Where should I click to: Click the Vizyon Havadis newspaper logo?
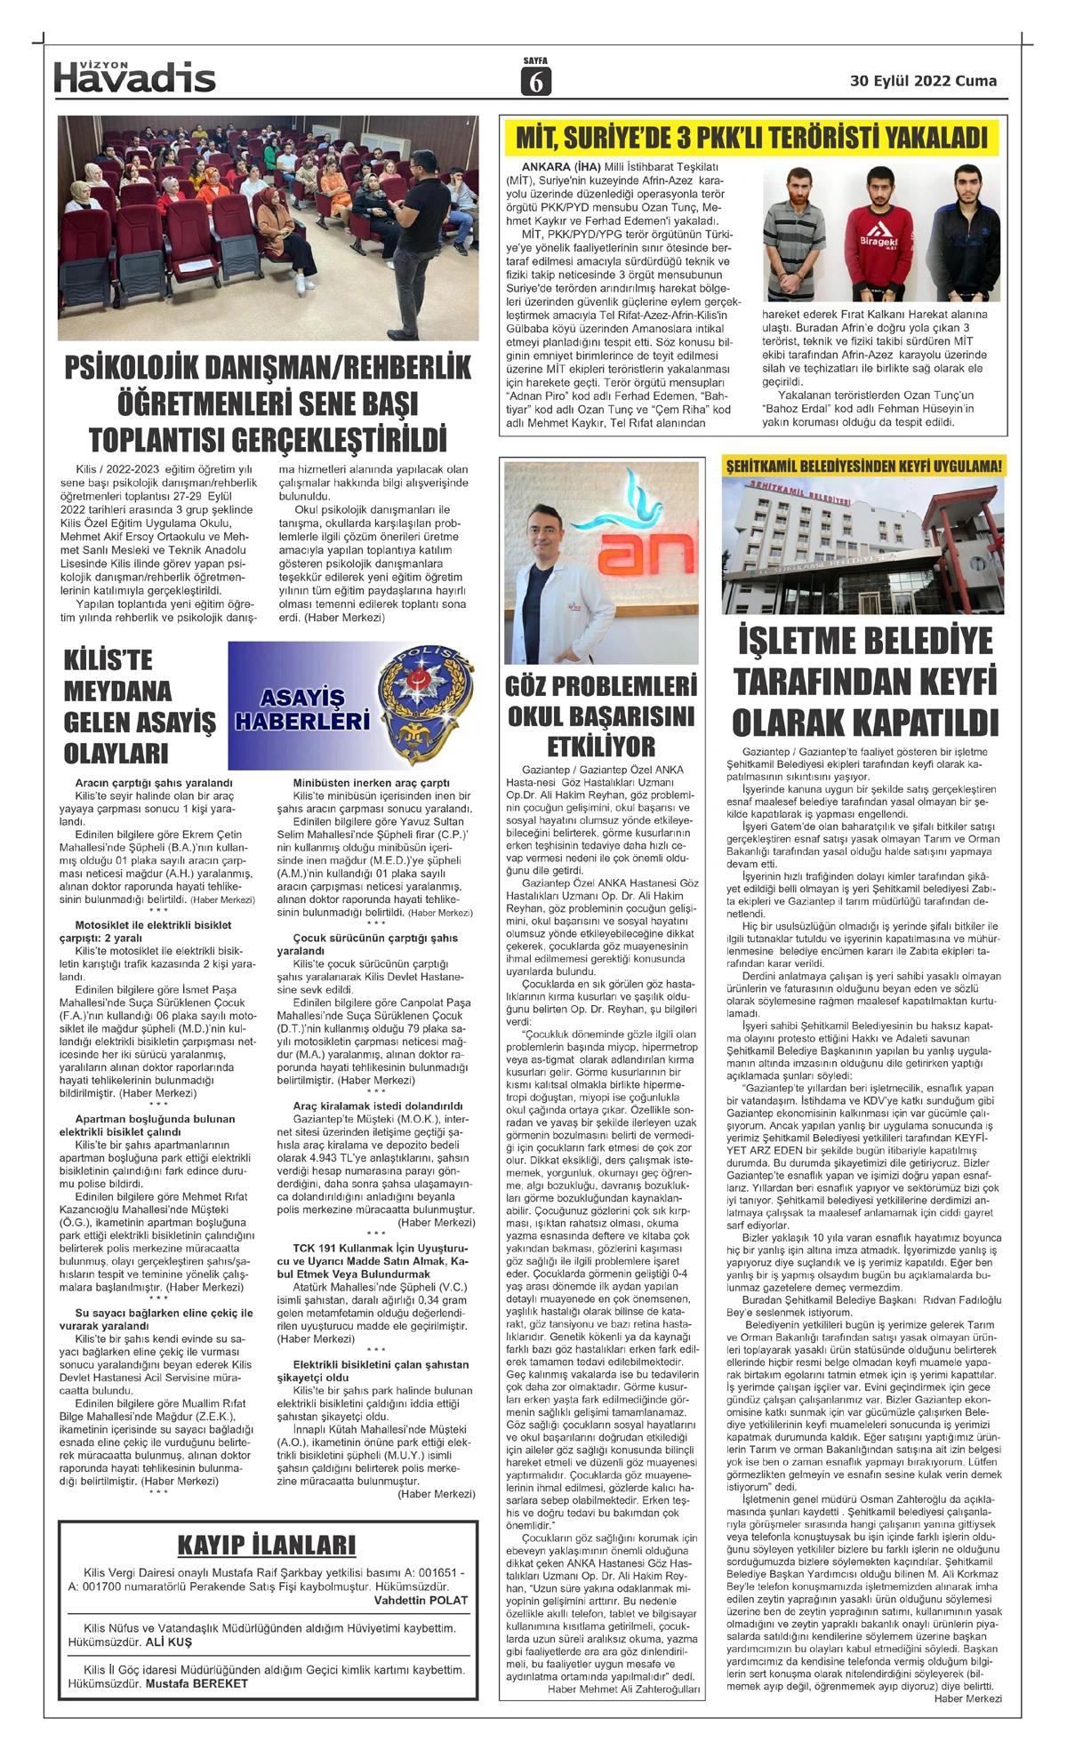(x=134, y=77)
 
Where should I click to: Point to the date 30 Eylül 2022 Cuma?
(x=923, y=81)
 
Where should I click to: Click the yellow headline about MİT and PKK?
(x=752, y=139)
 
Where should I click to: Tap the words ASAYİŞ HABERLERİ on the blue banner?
(x=302, y=708)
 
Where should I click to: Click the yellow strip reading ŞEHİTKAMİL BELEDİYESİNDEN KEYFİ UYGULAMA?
(x=863, y=465)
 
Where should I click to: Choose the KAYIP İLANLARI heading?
(x=266, y=1545)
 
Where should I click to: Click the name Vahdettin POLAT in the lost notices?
(x=421, y=1600)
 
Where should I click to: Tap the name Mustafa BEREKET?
(x=197, y=1682)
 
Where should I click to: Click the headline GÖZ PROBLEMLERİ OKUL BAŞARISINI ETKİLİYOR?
(x=600, y=715)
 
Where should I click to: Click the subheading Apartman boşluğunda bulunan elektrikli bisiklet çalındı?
(x=156, y=1125)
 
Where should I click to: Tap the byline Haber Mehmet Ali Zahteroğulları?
(x=623, y=1690)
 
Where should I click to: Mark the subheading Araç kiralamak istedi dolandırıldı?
(x=377, y=1106)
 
